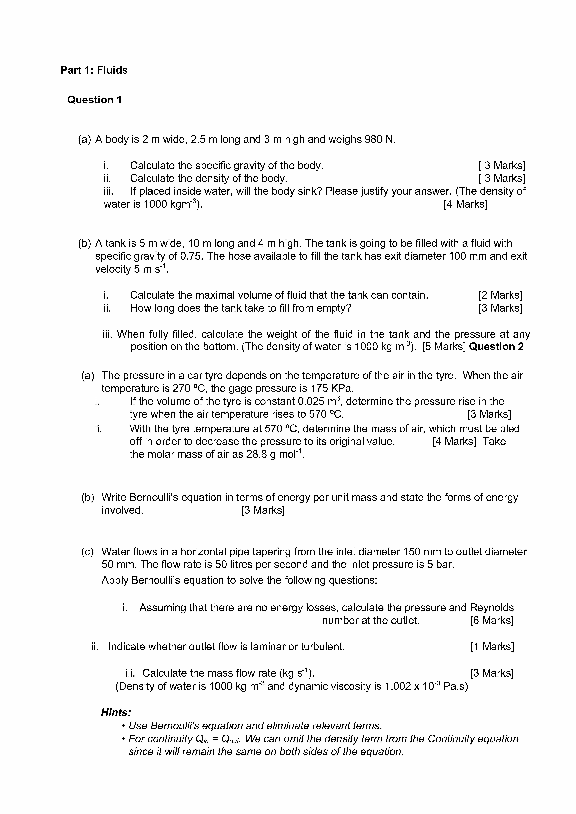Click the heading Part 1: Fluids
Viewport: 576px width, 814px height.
pyautogui.click(x=94, y=70)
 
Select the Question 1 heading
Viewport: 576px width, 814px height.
pyautogui.click(x=94, y=100)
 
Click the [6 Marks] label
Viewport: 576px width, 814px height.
pyautogui.click(x=492, y=620)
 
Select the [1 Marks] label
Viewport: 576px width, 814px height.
pyautogui.click(x=492, y=647)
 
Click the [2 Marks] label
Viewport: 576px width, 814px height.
pyautogui.click(x=500, y=295)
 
